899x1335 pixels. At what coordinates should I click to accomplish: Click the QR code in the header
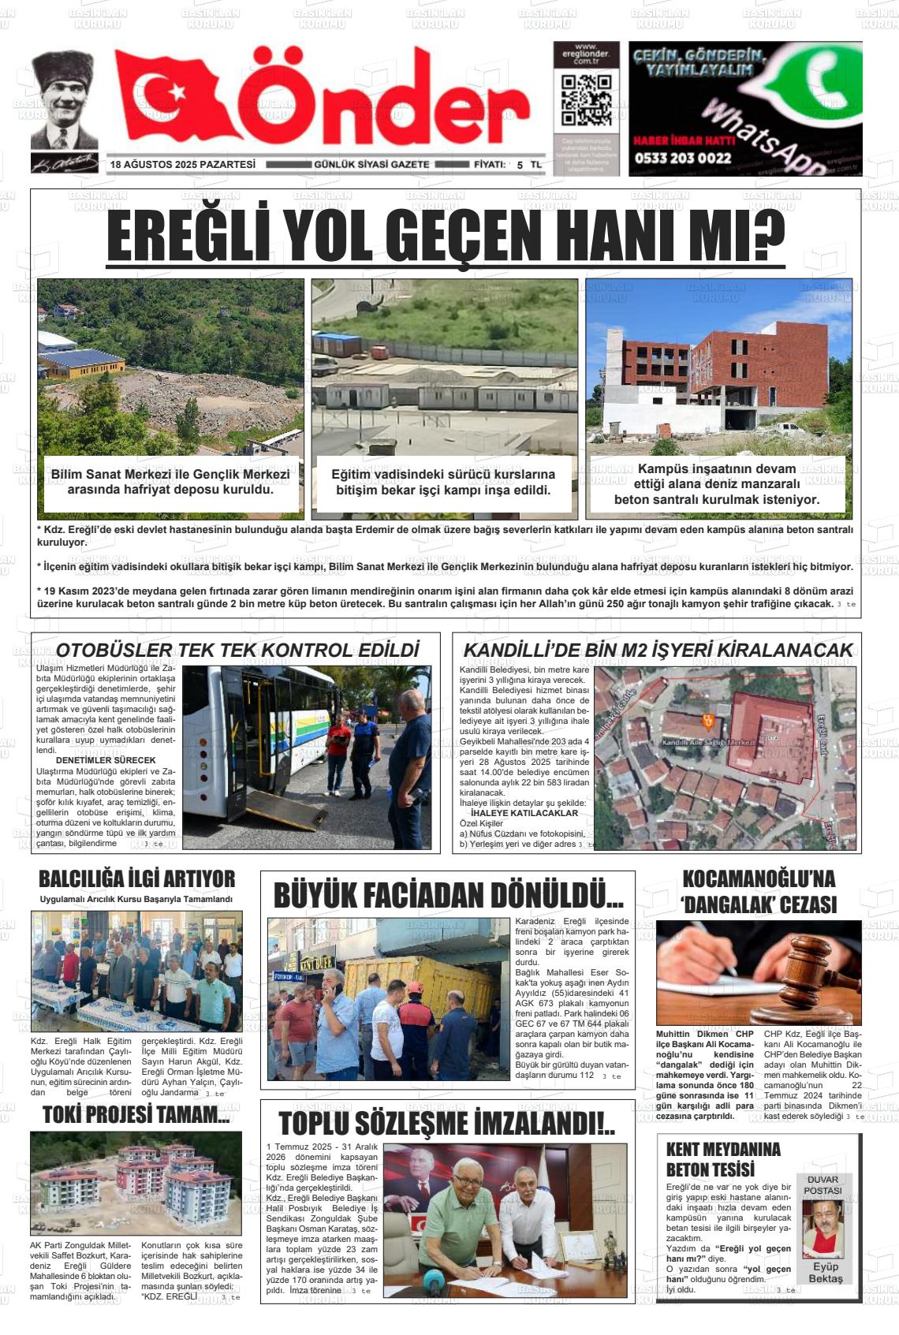tap(586, 102)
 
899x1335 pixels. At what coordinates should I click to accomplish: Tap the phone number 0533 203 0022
tap(683, 158)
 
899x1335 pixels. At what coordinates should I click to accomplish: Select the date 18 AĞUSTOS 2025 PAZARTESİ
tap(183, 165)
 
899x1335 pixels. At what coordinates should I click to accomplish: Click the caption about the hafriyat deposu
tap(170, 482)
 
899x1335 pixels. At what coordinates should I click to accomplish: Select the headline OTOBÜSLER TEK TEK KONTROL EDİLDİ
tap(237, 651)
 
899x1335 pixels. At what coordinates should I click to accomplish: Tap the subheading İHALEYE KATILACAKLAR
tap(524, 813)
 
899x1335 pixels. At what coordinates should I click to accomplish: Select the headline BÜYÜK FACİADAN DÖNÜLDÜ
tap(448, 897)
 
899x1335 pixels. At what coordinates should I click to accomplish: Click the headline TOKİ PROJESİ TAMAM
tap(136, 1115)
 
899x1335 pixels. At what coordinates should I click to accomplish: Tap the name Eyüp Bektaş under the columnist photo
tap(825, 1273)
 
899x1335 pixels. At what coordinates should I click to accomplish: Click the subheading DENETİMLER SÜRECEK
tap(106, 760)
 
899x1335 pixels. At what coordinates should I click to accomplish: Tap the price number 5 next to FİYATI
tap(520, 165)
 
